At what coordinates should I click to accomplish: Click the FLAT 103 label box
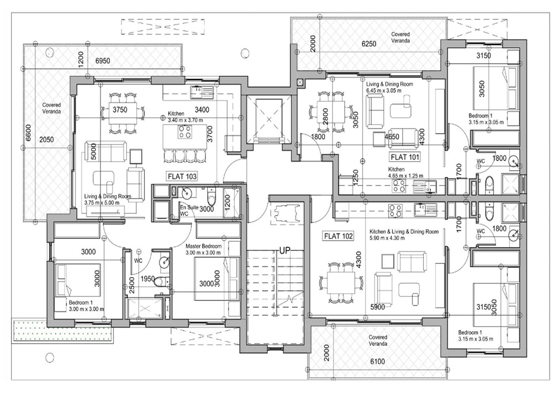pos(182,176)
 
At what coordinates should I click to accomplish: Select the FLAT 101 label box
pos(405,157)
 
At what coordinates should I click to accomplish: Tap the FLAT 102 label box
pos(339,236)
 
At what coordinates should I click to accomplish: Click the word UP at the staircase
pos(285,250)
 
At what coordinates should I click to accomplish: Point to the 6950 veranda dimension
pos(103,61)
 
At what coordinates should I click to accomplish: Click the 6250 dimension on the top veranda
pos(369,44)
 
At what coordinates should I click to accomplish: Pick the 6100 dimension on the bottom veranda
pos(377,362)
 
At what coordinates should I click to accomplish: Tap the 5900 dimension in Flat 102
pos(377,307)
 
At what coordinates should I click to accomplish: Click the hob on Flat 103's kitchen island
pos(185,132)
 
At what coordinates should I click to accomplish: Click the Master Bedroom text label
pos(203,249)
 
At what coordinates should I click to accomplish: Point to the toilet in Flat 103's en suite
pos(212,195)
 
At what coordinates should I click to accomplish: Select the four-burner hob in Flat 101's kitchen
pos(399,185)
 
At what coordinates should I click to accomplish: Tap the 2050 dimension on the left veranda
pos(46,140)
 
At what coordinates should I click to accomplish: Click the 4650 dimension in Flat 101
pos(391,136)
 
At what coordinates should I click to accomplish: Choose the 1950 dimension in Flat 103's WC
pos(147,278)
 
